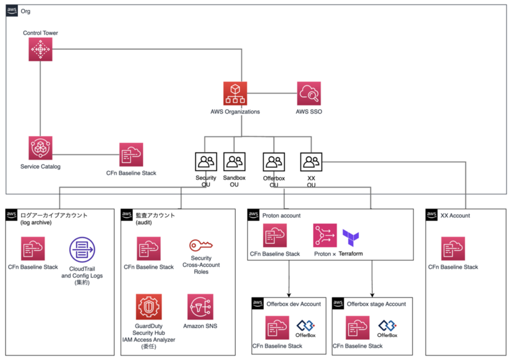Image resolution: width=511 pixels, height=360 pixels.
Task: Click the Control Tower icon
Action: [40, 49]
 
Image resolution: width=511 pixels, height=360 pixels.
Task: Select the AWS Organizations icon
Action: [235, 94]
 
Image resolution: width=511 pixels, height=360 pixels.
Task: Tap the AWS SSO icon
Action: [309, 94]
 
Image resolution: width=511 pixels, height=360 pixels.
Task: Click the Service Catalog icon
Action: [40, 147]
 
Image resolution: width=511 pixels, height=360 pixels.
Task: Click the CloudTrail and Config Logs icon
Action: [82, 250]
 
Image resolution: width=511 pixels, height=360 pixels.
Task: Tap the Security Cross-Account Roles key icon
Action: [201, 246]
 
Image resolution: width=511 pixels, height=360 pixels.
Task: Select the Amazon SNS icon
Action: [200, 306]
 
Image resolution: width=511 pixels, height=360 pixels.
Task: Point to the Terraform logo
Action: [353, 237]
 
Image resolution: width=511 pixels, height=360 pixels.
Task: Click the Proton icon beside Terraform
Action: [324, 236]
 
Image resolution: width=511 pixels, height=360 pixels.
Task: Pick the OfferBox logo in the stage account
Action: [387, 327]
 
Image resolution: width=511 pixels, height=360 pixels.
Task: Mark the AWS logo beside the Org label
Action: [13, 11]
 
